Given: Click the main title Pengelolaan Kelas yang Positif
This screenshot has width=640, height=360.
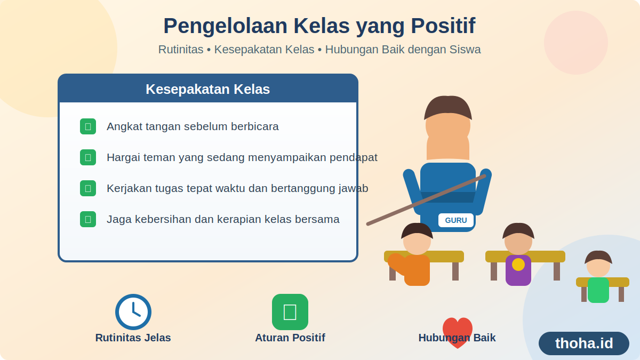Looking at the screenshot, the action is (319, 26).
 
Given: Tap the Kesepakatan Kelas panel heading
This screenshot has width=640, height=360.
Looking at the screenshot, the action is (207, 89).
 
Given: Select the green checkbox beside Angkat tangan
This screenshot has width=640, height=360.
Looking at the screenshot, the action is (88, 126).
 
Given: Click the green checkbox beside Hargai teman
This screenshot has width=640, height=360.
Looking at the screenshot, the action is (88, 157).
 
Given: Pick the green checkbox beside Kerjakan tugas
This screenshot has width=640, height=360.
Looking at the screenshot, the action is (88, 188).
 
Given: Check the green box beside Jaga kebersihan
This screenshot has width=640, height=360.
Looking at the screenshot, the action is (88, 219).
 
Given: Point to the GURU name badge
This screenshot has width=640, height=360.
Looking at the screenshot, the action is (456, 220).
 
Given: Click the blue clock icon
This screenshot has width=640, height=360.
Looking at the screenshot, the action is (133, 312).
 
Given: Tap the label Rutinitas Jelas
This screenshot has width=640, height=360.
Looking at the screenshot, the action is (133, 338).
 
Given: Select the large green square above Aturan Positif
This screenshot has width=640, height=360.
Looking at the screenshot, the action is (290, 312).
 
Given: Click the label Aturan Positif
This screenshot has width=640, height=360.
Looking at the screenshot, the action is (290, 338).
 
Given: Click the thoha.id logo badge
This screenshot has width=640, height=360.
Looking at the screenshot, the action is (584, 343).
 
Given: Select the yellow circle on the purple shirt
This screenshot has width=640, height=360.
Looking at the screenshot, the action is (518, 265).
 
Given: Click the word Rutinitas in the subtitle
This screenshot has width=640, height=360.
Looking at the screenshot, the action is (181, 50).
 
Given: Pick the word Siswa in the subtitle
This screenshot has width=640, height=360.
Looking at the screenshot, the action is (465, 50).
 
